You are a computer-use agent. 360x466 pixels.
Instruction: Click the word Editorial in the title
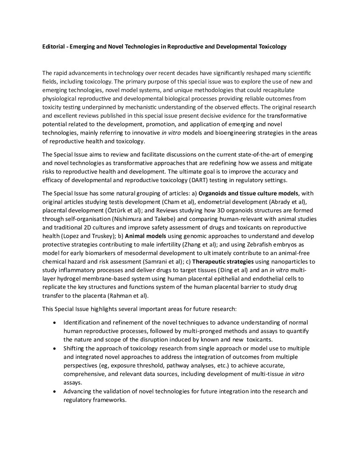[x=54, y=47]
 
